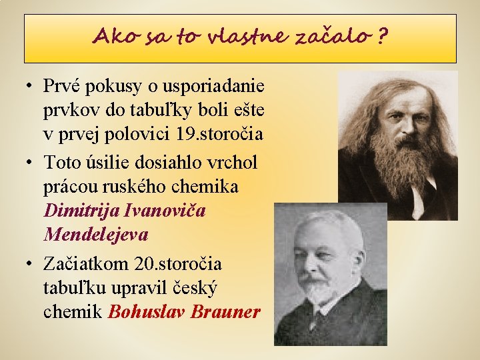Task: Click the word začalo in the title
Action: [x=337, y=37]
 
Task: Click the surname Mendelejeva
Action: [x=95, y=235]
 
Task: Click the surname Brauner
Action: [x=225, y=312]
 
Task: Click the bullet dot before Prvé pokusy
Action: [x=29, y=87]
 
